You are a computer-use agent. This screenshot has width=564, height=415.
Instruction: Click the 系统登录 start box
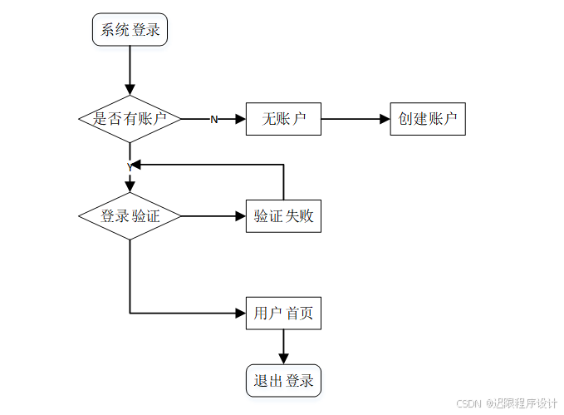(x=130, y=31)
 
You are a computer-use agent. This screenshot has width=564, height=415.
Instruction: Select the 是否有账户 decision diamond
(x=130, y=119)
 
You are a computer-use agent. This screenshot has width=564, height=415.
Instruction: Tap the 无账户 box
(x=283, y=119)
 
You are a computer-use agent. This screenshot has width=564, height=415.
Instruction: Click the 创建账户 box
(x=428, y=119)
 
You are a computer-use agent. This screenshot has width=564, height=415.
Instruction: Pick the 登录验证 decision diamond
(x=130, y=217)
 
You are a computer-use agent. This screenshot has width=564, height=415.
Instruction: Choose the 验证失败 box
(x=283, y=217)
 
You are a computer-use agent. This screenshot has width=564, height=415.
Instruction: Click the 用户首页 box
(x=283, y=314)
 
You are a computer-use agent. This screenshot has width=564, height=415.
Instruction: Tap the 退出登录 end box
(x=283, y=381)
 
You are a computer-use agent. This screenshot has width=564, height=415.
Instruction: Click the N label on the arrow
(x=213, y=120)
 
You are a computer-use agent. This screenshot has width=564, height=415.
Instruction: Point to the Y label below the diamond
(x=130, y=167)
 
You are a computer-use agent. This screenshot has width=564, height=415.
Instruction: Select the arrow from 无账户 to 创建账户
(x=356, y=119)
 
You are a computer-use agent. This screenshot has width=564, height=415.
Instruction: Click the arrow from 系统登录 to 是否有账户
(x=130, y=71)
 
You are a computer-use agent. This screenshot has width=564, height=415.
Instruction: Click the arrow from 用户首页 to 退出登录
(x=283, y=347)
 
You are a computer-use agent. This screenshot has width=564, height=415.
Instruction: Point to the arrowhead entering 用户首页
(x=241, y=314)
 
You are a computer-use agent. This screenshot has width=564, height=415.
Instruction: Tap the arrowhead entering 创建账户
(x=385, y=119)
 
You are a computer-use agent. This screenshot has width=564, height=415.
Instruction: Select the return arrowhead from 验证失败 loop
(x=136, y=165)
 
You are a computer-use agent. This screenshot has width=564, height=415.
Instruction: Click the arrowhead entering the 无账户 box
(x=241, y=119)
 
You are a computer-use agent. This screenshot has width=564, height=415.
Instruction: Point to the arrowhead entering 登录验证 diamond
(x=130, y=187)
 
